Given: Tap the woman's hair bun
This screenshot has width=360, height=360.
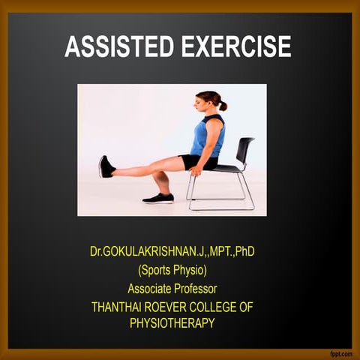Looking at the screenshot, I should pos(223,106).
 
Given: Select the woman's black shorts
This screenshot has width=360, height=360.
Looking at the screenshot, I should pos(196,160).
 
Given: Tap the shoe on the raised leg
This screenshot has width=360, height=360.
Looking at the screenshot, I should pos(106,166).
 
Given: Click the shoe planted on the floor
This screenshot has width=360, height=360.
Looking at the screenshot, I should pos(159,198).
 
